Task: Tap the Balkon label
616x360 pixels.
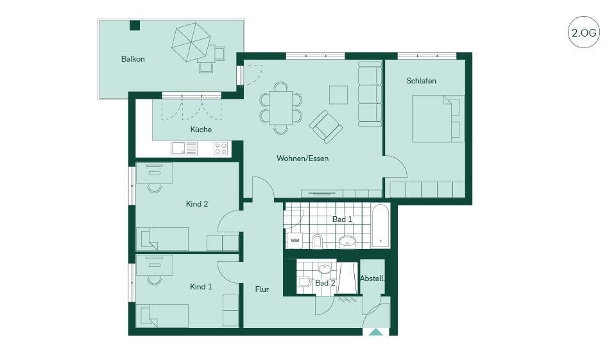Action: point(133,59)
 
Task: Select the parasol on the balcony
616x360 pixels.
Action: point(191,42)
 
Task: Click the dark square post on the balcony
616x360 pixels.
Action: point(135,25)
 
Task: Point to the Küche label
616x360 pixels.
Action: point(201,129)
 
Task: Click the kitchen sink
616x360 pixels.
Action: point(184,149)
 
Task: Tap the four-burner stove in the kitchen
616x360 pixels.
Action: point(220,149)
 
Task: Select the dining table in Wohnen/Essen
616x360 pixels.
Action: point(280,108)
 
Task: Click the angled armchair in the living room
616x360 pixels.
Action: point(325,126)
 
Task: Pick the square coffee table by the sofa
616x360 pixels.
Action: point(338,95)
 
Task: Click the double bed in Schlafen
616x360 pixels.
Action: point(438,118)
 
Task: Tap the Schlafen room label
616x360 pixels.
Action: point(421,81)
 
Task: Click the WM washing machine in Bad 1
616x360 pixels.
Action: point(295,240)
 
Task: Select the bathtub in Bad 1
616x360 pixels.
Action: point(381,226)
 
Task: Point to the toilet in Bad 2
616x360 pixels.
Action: point(304,282)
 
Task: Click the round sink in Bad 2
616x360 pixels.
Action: point(325,270)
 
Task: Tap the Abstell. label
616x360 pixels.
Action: point(372,279)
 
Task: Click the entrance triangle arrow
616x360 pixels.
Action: point(375,332)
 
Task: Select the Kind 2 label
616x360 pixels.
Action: point(197,203)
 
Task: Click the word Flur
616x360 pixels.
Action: point(262,289)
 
